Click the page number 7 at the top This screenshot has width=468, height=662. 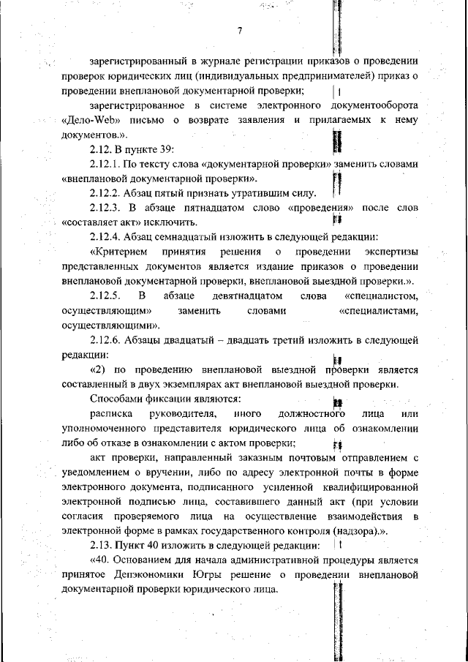pyautogui.click(x=239, y=30)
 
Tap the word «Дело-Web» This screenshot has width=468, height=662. pyautogui.click(x=91, y=121)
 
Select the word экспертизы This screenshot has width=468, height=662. pyautogui.click(x=388, y=252)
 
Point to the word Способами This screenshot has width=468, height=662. pyautogui.click(x=116, y=399)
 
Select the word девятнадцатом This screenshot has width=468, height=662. pyautogui.click(x=248, y=296)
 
